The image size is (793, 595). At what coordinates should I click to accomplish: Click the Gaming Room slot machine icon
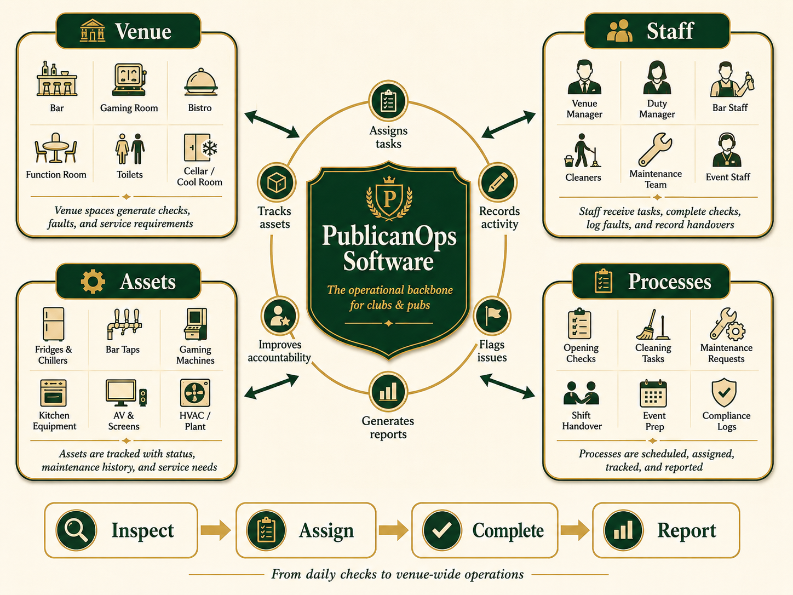[x=129, y=79]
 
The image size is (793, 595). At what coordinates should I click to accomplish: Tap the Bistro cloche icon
[x=200, y=82]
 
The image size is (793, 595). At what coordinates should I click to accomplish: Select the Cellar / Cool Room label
[x=199, y=176]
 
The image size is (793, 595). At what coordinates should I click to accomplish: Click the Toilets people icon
[x=130, y=149]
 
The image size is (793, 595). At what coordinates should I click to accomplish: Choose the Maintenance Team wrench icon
[x=656, y=150]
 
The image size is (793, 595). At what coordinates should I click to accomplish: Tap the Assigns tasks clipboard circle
[x=388, y=101]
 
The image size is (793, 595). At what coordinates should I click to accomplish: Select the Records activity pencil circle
[x=498, y=182]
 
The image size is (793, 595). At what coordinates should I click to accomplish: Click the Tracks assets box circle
[x=277, y=182]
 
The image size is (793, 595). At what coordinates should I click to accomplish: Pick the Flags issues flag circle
[x=492, y=316]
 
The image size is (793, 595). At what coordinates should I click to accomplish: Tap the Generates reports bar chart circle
[x=388, y=392]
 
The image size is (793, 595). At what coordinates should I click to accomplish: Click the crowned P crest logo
[x=389, y=198]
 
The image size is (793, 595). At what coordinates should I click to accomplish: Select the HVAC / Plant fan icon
[x=195, y=393]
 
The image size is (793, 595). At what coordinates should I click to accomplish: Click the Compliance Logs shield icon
[x=724, y=393]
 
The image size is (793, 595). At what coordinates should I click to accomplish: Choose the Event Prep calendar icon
[x=653, y=393]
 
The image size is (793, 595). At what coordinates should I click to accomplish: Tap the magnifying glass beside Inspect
[x=76, y=530]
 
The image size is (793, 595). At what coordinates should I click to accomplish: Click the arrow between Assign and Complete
[x=393, y=530]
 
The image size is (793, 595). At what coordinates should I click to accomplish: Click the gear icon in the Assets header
[x=93, y=281]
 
